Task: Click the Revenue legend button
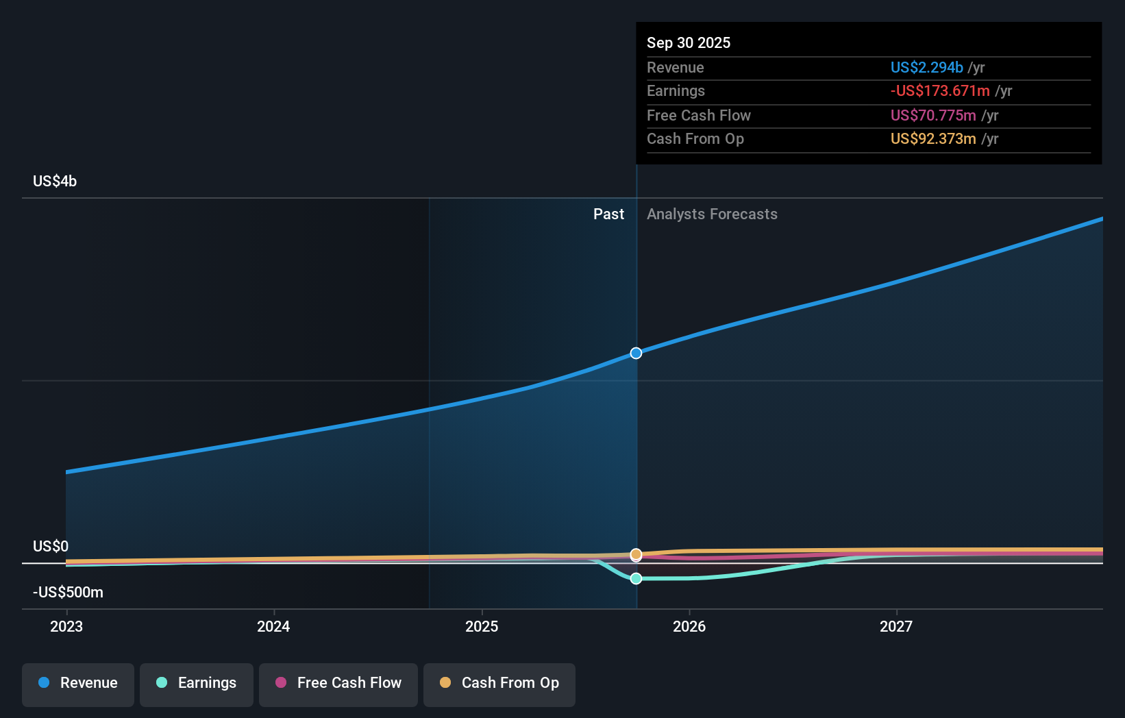[78, 683]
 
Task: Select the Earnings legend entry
[197, 683]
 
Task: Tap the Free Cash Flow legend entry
[338, 683]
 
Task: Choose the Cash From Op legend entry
[499, 683]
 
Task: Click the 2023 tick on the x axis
[66, 626]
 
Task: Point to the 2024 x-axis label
[273, 626]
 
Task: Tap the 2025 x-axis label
[482, 626]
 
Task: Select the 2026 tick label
[689, 626]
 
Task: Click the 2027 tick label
[896, 626]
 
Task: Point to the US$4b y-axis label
[55, 182]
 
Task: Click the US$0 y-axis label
[51, 546]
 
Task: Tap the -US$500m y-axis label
[68, 592]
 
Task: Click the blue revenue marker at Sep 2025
[636, 353]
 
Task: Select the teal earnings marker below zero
[636, 578]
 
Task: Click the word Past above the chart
[608, 214]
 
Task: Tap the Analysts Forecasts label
[712, 214]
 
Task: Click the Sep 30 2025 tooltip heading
[689, 42]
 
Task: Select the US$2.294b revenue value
[926, 67]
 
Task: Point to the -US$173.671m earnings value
[939, 90]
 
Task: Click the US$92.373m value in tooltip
[932, 138]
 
